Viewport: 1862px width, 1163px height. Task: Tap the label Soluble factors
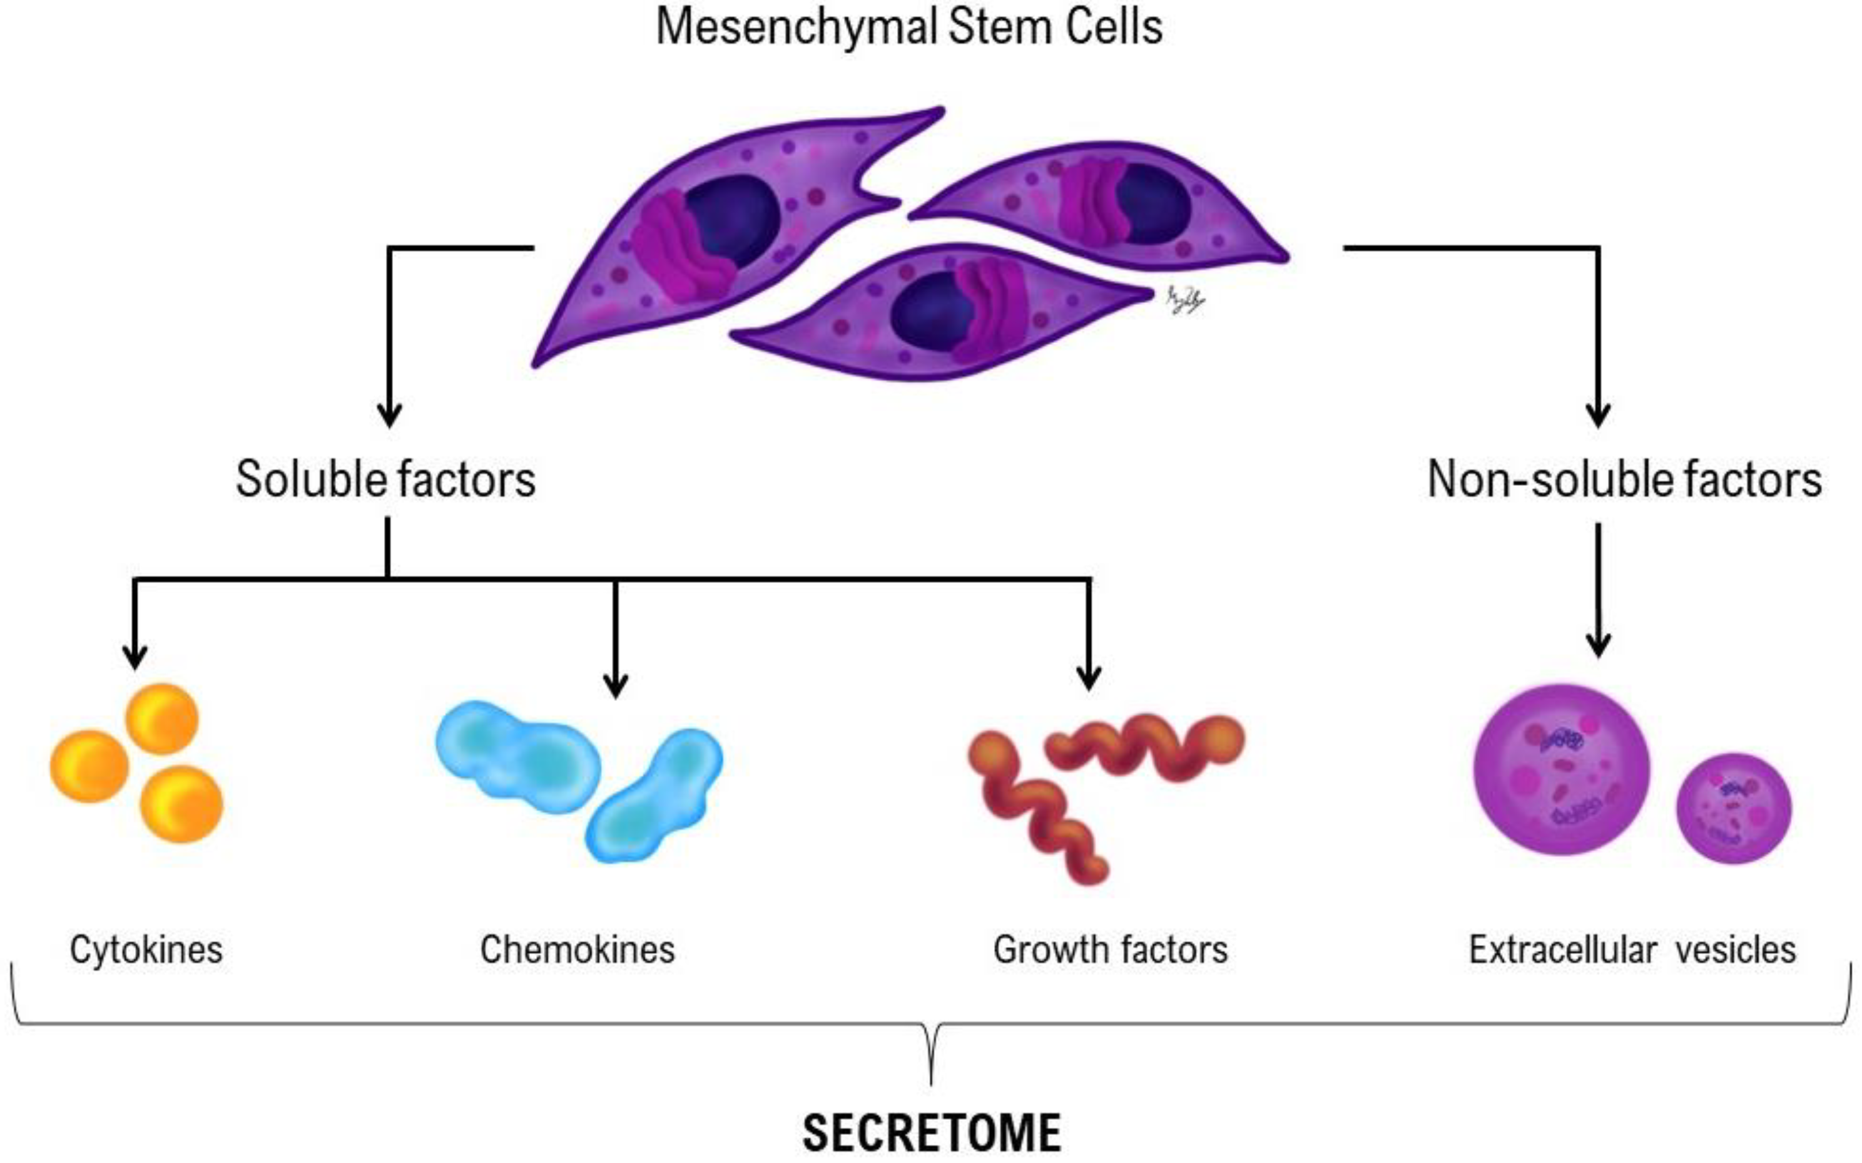385,479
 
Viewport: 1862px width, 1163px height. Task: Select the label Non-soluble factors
1624,479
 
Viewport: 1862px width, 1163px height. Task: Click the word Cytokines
146,949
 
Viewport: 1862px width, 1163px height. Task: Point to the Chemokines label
577,949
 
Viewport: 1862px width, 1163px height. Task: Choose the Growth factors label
1110,949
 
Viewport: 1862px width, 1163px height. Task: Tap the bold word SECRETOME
932,1132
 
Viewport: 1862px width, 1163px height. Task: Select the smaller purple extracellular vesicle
1734,809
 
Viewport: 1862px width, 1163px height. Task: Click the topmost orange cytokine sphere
162,719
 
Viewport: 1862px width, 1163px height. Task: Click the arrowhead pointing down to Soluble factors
390,416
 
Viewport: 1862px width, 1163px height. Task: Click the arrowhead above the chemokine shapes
616,685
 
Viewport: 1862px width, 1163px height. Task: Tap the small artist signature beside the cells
1184,300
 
